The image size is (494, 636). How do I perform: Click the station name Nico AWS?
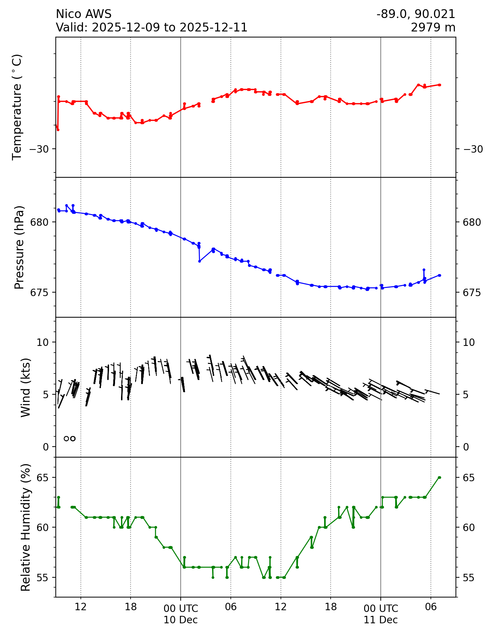tap(84, 14)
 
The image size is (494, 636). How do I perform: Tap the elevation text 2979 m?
tap(433, 27)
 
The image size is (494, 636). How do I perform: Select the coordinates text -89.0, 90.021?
tap(416, 14)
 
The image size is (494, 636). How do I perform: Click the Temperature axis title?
tap(17, 107)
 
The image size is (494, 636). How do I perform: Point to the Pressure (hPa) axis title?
tap(19, 247)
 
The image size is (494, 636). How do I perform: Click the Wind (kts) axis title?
tap(25, 387)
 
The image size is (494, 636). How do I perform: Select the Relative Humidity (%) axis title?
tap(25, 527)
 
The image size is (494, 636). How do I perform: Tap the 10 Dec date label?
tap(181, 620)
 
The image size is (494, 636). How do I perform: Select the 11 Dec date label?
tap(381, 620)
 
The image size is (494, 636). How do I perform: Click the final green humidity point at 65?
tap(439, 477)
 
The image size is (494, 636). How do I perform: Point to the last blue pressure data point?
tap(439, 275)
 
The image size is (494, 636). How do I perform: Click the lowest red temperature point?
tap(58, 130)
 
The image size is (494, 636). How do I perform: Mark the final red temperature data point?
tap(439, 85)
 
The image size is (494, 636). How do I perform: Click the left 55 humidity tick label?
tap(44, 577)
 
